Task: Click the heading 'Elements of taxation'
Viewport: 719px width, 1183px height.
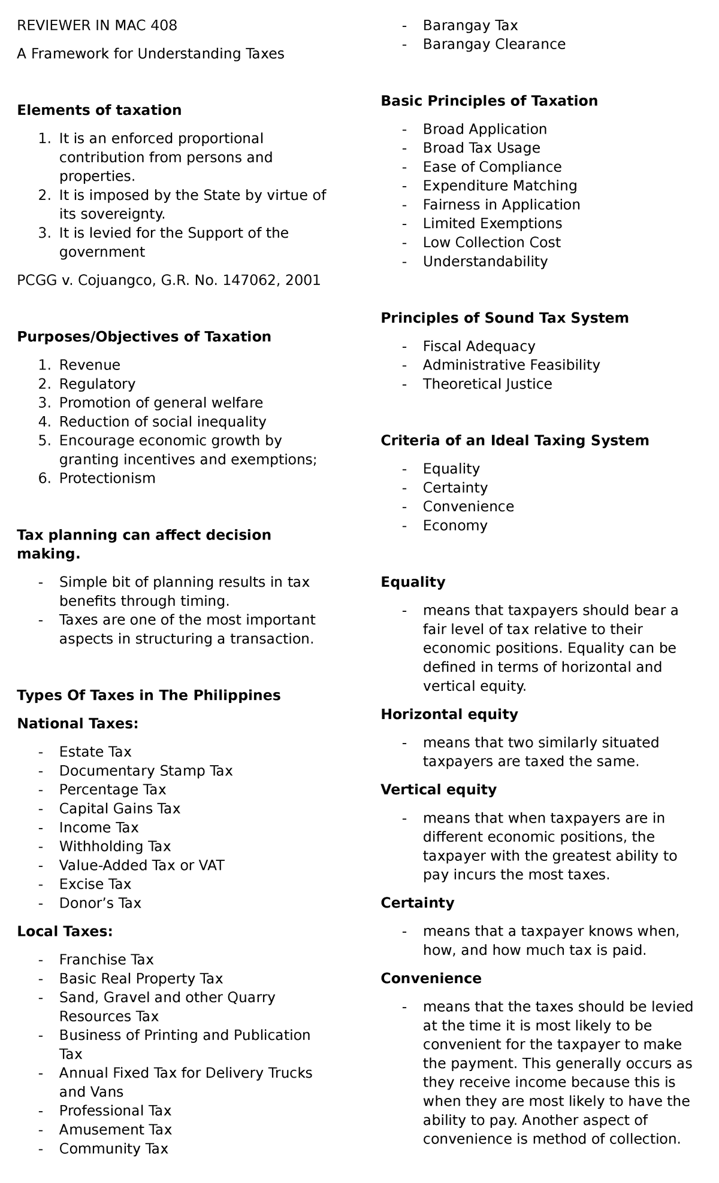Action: [99, 110]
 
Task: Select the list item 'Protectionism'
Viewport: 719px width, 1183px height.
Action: [107, 478]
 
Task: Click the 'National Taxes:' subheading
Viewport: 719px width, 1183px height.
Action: [78, 724]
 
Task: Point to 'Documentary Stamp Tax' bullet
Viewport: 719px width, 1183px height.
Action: [146, 771]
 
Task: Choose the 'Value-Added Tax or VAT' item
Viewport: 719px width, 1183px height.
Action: [141, 865]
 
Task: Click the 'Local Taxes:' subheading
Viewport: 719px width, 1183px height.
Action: [65, 932]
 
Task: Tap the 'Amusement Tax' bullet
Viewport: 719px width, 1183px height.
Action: [115, 1130]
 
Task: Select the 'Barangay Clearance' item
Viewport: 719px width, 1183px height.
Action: [494, 44]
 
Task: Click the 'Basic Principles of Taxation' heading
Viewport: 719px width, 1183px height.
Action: [489, 101]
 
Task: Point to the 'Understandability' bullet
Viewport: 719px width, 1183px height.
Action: [485, 262]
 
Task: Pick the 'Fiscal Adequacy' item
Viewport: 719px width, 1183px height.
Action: [479, 346]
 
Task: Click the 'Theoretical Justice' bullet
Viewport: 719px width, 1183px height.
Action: [487, 384]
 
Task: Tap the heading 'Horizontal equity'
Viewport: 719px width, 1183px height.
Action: [449, 714]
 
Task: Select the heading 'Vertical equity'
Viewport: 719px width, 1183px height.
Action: [438, 790]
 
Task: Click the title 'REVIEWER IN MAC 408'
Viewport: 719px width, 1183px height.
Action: [97, 26]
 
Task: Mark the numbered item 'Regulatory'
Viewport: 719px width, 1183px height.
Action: [97, 384]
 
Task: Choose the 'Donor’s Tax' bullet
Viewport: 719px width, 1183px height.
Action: [100, 903]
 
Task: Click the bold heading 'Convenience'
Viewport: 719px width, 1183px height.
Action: [431, 978]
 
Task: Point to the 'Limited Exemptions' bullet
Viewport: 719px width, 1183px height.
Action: [492, 224]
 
